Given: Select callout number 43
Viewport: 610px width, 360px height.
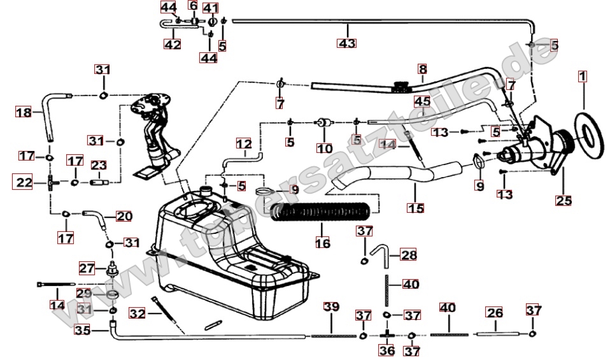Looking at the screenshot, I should point(347,43).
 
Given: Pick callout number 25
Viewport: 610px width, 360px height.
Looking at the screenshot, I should point(563,200).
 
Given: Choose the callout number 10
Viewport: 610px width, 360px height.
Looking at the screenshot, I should point(325,148).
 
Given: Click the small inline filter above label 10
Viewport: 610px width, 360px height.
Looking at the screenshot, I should point(324,122).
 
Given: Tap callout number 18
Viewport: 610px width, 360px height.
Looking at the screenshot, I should point(24,113).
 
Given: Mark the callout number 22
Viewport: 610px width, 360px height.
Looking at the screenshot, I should point(24,182).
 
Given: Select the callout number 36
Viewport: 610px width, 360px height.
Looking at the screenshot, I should point(387,350).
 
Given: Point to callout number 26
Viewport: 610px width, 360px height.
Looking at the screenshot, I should point(494,312).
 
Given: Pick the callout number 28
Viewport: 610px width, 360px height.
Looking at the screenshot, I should point(409,256).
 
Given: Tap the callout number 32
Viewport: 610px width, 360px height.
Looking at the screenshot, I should point(137,313).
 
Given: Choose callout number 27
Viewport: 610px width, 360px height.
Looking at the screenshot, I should point(86,268).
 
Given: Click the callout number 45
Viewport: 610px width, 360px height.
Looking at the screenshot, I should point(422,101).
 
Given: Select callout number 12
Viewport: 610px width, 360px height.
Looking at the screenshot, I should point(244,144).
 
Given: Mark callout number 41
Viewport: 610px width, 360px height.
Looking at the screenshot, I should point(210,8).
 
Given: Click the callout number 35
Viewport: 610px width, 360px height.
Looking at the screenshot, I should point(82,330).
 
